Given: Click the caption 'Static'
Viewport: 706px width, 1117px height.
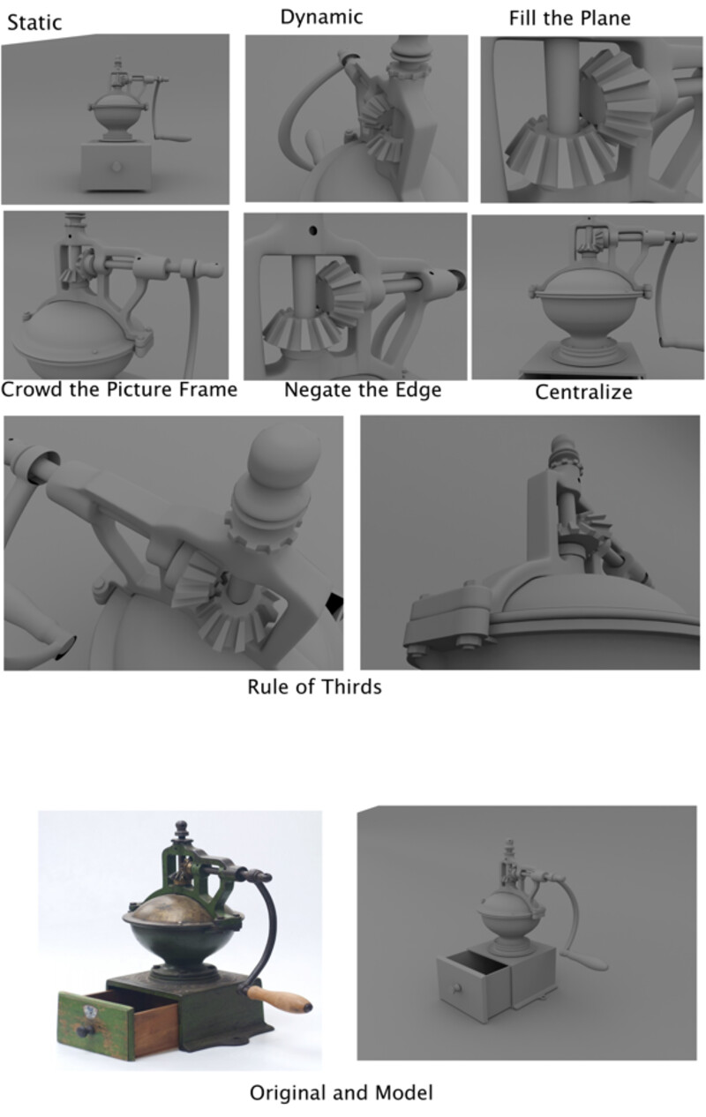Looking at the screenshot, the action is [34, 22].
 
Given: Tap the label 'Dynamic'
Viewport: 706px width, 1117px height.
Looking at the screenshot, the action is [321, 18].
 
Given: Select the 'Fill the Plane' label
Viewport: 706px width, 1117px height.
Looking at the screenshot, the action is [569, 19].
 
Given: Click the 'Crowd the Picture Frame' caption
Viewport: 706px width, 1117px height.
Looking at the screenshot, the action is [119, 389].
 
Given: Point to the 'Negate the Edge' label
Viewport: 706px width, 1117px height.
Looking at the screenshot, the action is [363, 390].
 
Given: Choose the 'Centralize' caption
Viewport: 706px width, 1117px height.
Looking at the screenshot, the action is [583, 393].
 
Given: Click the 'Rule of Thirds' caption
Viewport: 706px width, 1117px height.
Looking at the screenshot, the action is [314, 686].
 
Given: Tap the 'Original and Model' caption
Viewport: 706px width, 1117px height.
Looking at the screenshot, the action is [342, 1092].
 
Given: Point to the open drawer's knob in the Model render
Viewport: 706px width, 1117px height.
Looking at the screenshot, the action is [454, 987].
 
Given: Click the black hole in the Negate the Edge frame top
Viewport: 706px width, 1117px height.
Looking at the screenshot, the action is [312, 230].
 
